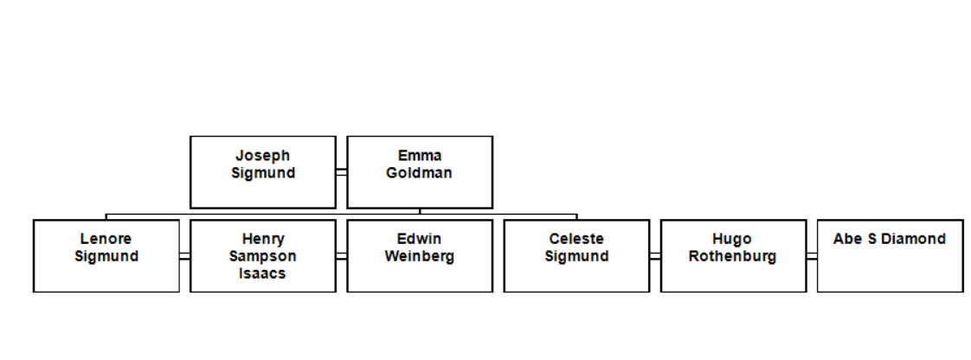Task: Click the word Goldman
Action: (419, 173)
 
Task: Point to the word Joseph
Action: (263, 156)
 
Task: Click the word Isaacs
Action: (263, 273)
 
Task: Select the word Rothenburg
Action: (733, 256)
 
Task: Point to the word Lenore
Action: (106, 239)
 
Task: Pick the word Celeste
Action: (576, 239)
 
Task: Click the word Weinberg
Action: (420, 256)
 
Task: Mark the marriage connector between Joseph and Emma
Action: (341, 172)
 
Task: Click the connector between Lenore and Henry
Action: (184, 256)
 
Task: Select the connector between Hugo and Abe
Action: (811, 256)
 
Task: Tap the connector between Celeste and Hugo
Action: (654, 256)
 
